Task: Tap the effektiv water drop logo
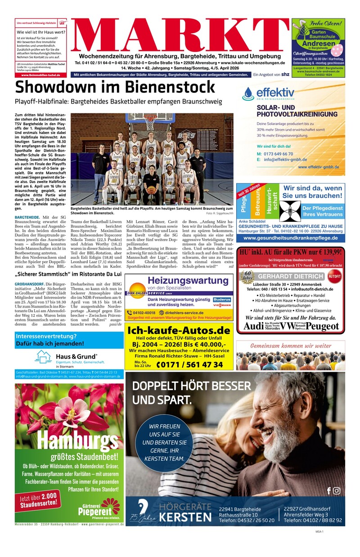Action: pyautogui.click(x=248, y=94)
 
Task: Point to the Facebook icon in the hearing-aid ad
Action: pyautogui.click(x=328, y=490)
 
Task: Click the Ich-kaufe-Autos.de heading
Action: pyautogui.click(x=179, y=331)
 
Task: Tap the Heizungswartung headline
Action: pyautogui.click(x=180, y=280)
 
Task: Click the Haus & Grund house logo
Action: pyautogui.click(x=44, y=356)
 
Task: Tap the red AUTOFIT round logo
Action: pyautogui.click(x=334, y=276)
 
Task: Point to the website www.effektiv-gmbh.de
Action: pyautogui.click(x=318, y=167)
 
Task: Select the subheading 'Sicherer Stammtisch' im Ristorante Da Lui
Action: pyautogui.click(x=68, y=274)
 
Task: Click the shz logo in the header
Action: pyautogui.click(x=285, y=74)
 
